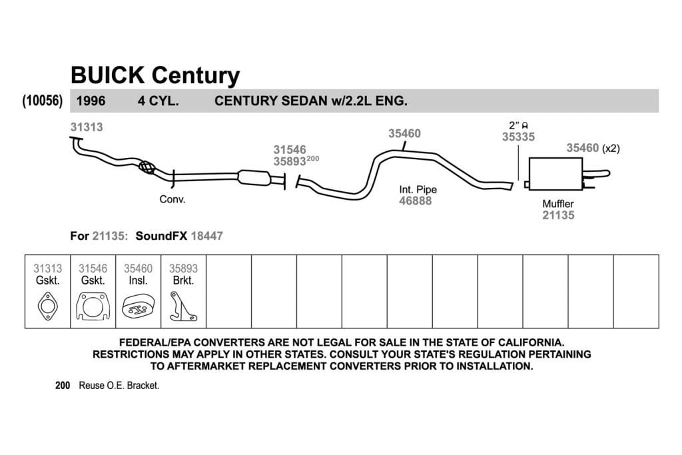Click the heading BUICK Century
click(x=155, y=76)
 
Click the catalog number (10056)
click(x=42, y=101)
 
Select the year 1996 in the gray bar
click(x=91, y=101)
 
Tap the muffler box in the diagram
click(x=555, y=174)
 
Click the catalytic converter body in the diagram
click(x=254, y=177)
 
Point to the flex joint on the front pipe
click(x=147, y=167)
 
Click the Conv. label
click(x=172, y=199)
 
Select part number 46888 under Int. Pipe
click(x=416, y=201)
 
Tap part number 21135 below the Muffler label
click(x=558, y=215)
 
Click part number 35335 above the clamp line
click(x=518, y=137)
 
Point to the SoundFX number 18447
click(x=206, y=236)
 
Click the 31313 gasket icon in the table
click(x=47, y=306)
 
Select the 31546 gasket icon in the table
click(x=93, y=306)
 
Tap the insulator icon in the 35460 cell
click(x=138, y=306)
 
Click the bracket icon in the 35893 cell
click(x=182, y=306)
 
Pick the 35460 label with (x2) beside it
click(x=582, y=148)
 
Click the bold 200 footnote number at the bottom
click(x=63, y=386)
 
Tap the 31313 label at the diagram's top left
click(x=87, y=127)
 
